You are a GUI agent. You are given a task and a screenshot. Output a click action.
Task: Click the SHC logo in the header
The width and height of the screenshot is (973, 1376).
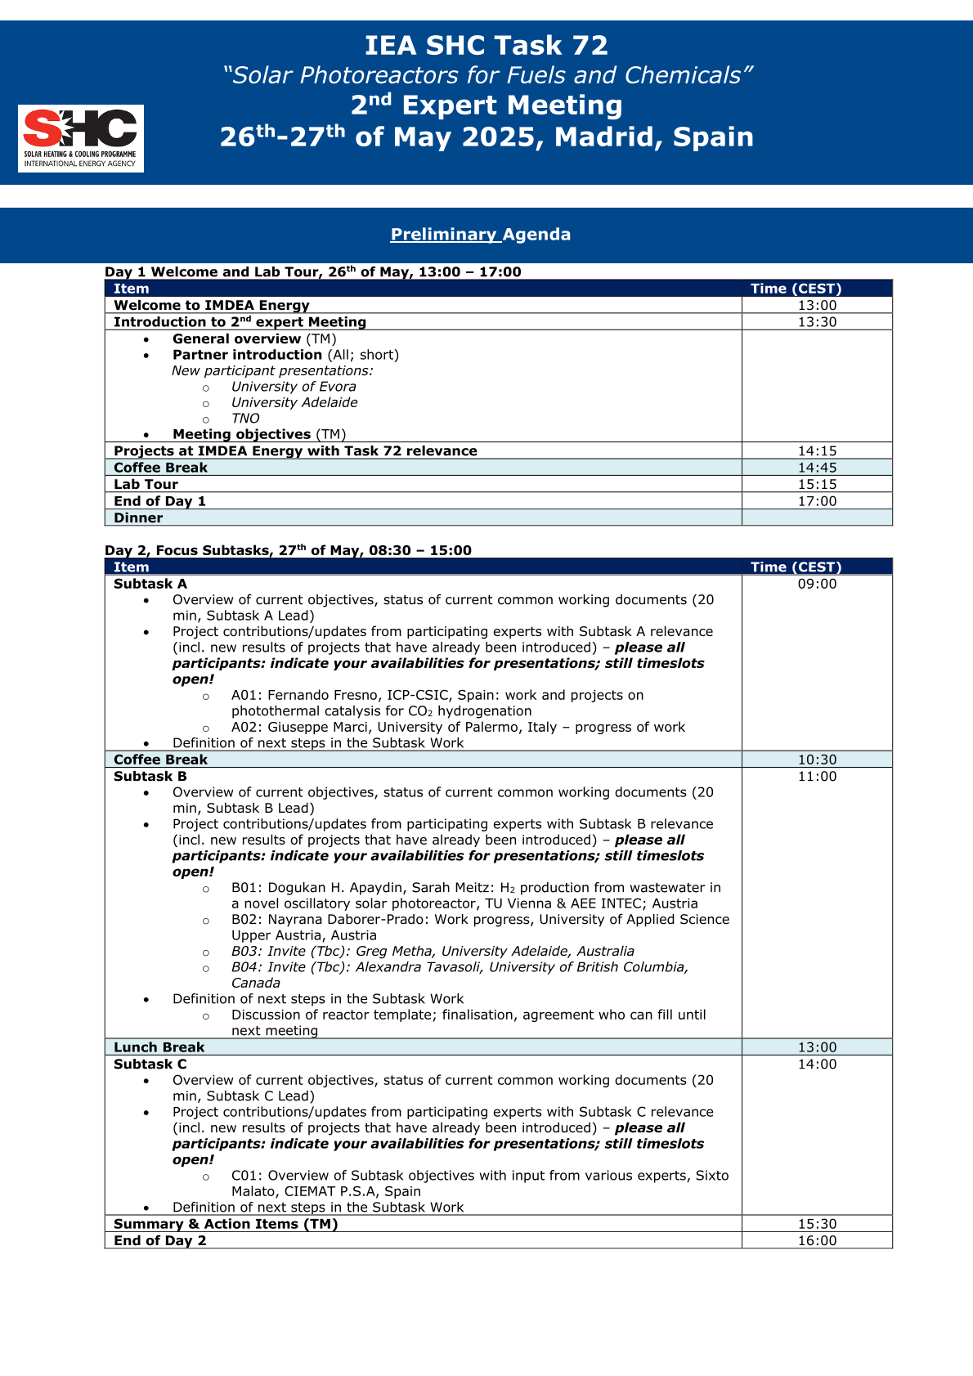81,138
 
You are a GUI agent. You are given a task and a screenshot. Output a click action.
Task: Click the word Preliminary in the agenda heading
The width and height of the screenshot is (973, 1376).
444,235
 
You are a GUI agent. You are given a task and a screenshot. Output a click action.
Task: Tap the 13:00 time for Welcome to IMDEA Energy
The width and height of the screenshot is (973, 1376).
817,306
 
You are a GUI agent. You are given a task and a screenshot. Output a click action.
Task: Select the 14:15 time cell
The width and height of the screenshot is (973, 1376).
817,451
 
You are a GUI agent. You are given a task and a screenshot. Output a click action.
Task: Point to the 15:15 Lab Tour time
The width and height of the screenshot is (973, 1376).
817,485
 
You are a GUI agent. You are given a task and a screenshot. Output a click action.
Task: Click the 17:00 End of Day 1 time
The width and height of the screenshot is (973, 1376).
817,501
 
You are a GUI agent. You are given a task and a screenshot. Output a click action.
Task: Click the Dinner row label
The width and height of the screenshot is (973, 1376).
138,518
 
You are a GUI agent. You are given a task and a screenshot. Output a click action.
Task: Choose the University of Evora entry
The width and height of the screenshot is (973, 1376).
294,387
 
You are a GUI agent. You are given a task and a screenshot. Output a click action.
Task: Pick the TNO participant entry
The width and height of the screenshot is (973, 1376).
245,419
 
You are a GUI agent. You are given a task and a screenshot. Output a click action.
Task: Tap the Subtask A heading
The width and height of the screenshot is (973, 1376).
150,584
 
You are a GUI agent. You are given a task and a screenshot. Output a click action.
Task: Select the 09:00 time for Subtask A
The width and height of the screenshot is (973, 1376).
817,584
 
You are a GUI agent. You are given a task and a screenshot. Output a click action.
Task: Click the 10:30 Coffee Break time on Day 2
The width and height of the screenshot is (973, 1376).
817,760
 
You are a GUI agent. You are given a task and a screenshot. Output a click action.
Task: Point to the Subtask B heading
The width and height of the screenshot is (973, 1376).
150,777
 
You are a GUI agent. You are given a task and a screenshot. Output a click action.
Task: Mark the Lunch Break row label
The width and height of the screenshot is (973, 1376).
159,1047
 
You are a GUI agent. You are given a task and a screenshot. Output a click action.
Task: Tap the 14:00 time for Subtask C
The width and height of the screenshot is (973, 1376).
817,1064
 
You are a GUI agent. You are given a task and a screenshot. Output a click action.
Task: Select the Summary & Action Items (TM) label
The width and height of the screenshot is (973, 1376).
226,1224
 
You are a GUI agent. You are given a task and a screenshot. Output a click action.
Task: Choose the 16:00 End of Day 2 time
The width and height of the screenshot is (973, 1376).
817,1241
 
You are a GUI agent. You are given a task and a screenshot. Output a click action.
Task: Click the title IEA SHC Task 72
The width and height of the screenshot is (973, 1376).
486,45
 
